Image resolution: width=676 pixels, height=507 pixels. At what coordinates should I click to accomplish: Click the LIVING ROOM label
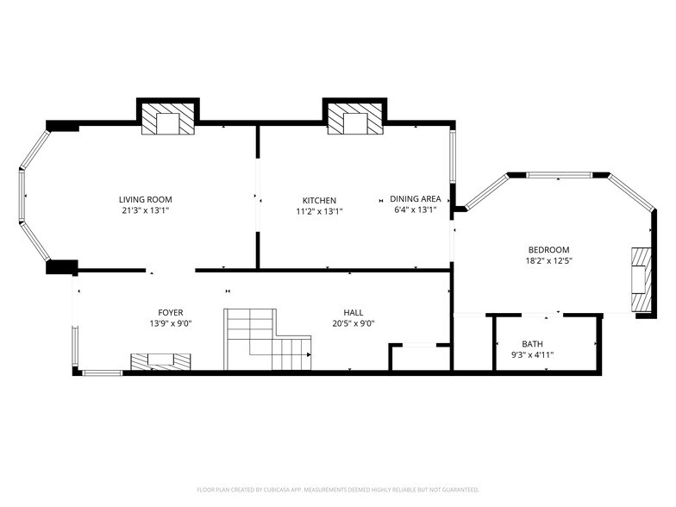pyautogui.click(x=145, y=199)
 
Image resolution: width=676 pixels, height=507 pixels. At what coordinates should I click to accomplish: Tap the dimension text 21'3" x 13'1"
pyautogui.click(x=145, y=210)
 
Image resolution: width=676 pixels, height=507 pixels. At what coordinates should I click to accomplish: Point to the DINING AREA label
pyautogui.click(x=415, y=198)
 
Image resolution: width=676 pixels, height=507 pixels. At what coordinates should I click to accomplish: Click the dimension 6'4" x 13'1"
pyautogui.click(x=415, y=210)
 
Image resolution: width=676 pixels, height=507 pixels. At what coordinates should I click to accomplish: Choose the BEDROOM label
pyautogui.click(x=549, y=249)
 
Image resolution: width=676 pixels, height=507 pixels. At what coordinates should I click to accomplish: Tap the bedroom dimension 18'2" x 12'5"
pyautogui.click(x=549, y=260)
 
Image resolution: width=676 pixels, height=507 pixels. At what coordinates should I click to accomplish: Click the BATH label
pyautogui.click(x=532, y=343)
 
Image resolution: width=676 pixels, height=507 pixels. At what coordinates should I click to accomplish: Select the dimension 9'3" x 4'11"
pyautogui.click(x=532, y=354)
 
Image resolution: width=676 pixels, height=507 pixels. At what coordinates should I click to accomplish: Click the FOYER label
pyautogui.click(x=170, y=313)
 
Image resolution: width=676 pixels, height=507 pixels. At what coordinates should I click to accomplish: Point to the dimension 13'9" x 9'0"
pyautogui.click(x=170, y=324)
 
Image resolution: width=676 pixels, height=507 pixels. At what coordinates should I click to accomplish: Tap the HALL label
pyautogui.click(x=353, y=313)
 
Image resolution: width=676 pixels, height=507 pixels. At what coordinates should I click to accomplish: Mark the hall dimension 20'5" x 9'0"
pyautogui.click(x=353, y=324)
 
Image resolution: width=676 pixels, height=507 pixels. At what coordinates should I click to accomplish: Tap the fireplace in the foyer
pyautogui.click(x=160, y=361)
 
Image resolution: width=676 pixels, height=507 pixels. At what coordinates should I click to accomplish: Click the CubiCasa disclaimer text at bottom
pyautogui.click(x=338, y=489)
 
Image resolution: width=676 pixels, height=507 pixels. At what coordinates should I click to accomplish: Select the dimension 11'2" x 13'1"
pyautogui.click(x=318, y=211)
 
